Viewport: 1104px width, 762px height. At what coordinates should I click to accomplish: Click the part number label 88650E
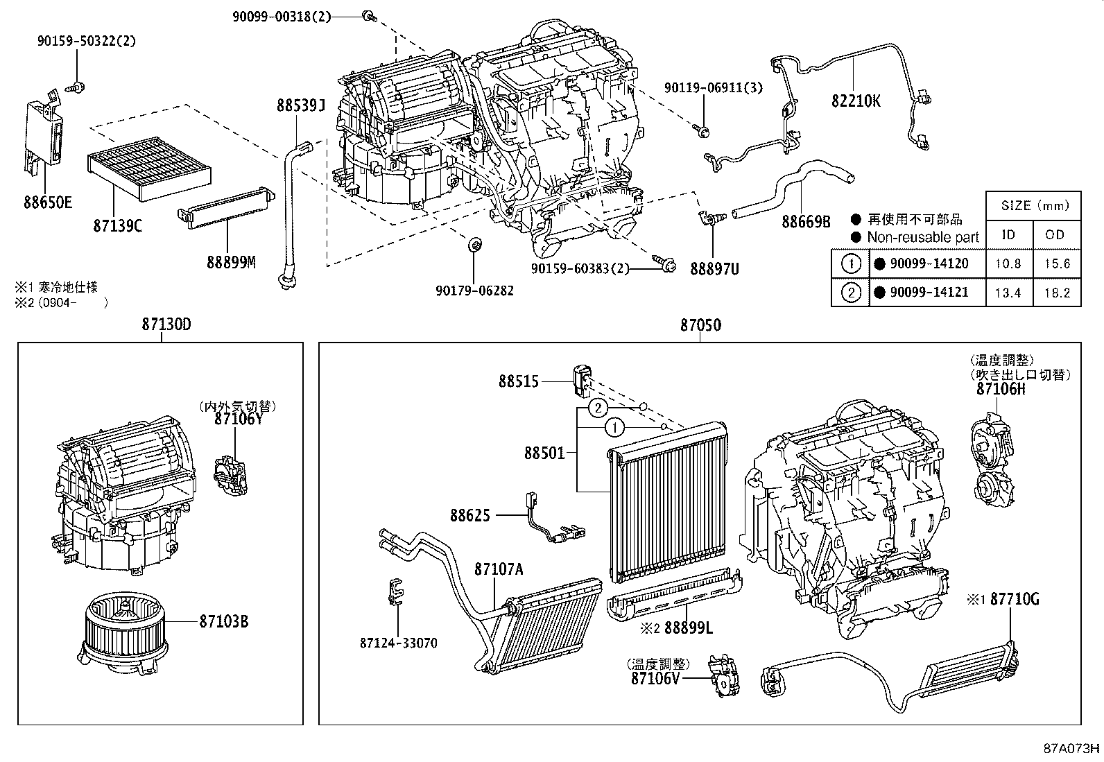click(x=48, y=202)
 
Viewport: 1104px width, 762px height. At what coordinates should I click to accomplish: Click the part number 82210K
click(x=856, y=101)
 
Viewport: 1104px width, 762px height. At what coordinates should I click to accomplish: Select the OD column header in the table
click(x=1055, y=234)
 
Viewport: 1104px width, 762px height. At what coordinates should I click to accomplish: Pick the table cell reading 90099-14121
click(x=929, y=293)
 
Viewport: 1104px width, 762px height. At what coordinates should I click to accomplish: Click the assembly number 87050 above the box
click(x=700, y=324)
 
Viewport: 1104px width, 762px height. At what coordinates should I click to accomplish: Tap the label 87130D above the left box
click(x=166, y=324)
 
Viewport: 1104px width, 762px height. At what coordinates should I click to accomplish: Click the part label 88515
click(x=518, y=381)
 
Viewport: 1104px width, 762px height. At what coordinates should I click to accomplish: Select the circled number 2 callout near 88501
click(x=598, y=408)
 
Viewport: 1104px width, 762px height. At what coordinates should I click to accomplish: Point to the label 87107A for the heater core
click(x=498, y=569)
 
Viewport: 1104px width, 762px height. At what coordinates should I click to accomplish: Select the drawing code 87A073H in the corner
click(x=1072, y=749)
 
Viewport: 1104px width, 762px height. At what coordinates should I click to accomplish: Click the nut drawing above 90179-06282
click(x=475, y=245)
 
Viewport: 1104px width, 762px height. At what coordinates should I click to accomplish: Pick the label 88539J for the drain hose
click(x=300, y=105)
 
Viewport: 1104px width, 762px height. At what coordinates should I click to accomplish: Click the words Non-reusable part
click(x=922, y=237)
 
